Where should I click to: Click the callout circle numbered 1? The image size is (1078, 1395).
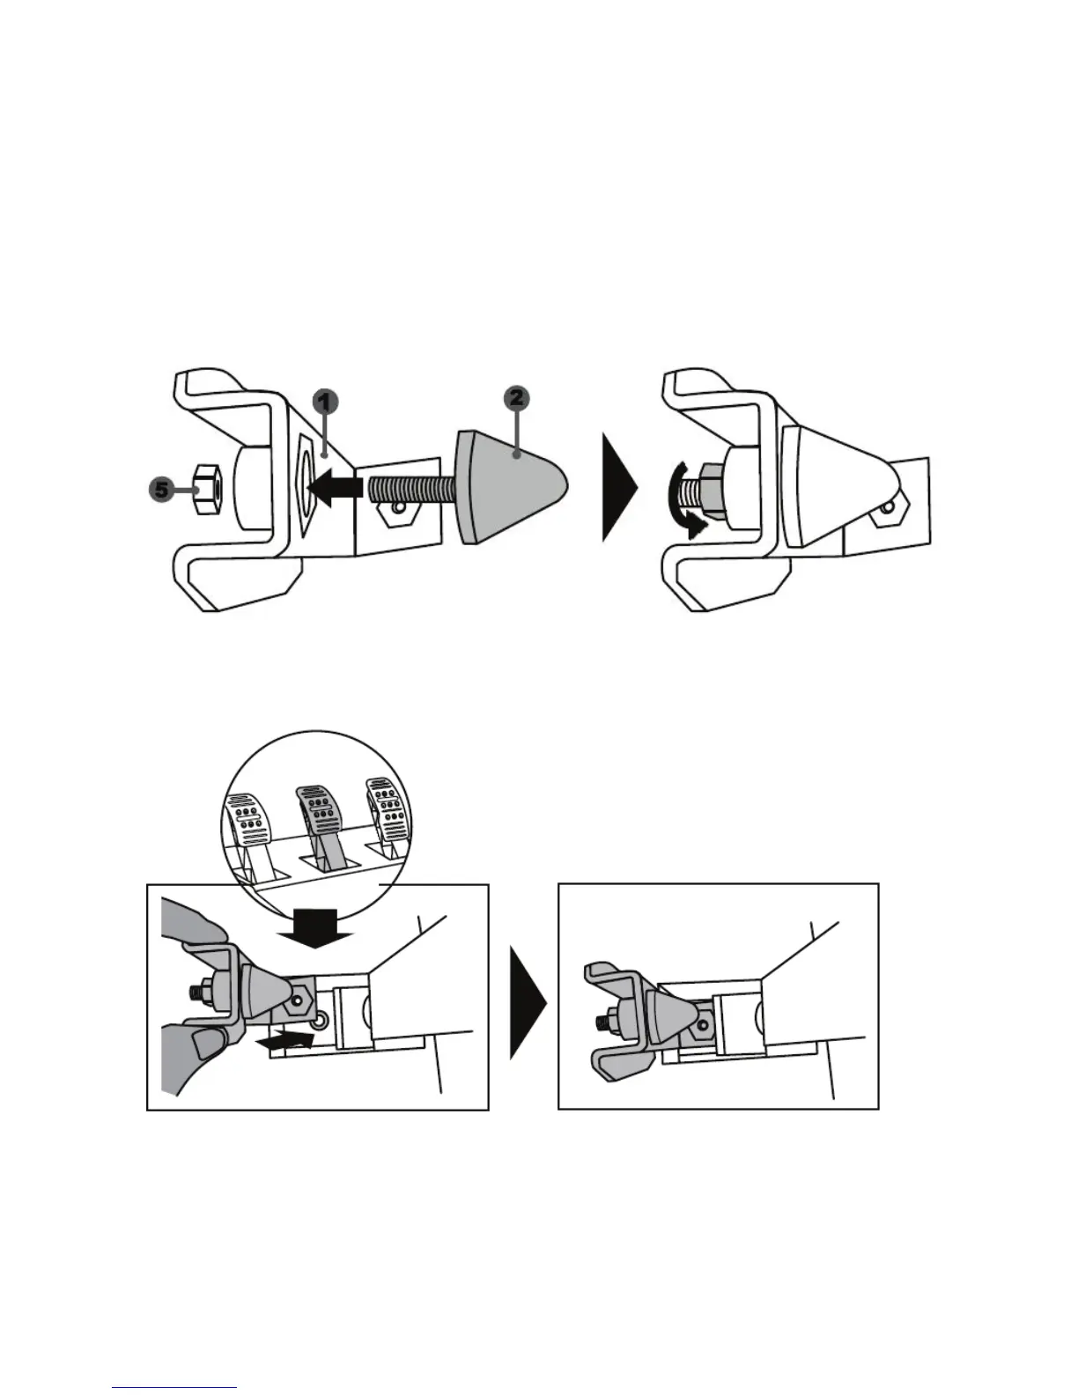(325, 402)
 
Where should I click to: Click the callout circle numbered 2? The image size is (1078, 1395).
(516, 398)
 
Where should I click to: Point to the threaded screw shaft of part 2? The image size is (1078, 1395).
(410, 491)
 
